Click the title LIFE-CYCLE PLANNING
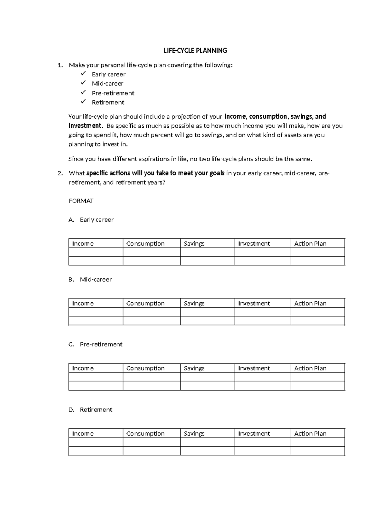click(195, 51)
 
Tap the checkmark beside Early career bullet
click(83, 74)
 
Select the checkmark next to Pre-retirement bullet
click(83, 93)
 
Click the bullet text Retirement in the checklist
click(108, 102)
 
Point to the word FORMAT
click(81, 201)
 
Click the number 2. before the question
click(60, 173)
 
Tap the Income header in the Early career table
click(83, 243)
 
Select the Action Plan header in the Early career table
click(310, 243)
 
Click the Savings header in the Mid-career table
click(194, 303)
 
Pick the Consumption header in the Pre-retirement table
click(145, 368)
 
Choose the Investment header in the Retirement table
click(254, 434)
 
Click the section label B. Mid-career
click(90, 280)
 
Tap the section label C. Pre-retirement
click(95, 344)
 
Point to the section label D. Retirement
click(91, 410)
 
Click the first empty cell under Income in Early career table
click(95, 252)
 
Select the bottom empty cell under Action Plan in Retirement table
click(317, 451)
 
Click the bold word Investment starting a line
click(85, 126)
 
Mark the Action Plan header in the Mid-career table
click(310, 303)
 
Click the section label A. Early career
click(91, 220)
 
